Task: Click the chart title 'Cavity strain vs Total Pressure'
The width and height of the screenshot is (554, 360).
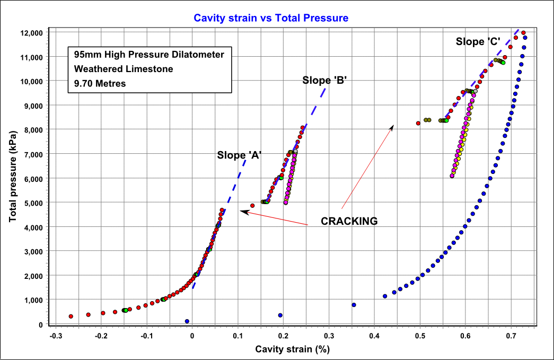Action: click(271, 18)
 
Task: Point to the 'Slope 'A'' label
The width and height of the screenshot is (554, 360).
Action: click(239, 155)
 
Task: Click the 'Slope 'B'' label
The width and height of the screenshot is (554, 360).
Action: click(324, 81)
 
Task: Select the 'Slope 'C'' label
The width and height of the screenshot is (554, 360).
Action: click(478, 41)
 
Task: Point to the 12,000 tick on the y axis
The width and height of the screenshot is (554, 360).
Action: click(30, 33)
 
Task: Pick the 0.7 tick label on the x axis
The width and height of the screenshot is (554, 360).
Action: click(511, 336)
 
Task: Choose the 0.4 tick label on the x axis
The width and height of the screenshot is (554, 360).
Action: click(374, 336)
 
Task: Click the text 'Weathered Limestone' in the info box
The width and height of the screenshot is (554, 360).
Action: click(124, 69)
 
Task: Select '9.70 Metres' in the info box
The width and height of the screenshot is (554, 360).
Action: click(100, 83)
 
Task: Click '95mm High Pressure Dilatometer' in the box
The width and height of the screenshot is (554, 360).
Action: click(149, 55)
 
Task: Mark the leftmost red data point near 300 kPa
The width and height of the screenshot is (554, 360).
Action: click(71, 317)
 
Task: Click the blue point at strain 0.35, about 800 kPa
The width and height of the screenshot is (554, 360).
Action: click(354, 305)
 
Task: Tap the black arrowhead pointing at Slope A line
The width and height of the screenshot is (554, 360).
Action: click(243, 211)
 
